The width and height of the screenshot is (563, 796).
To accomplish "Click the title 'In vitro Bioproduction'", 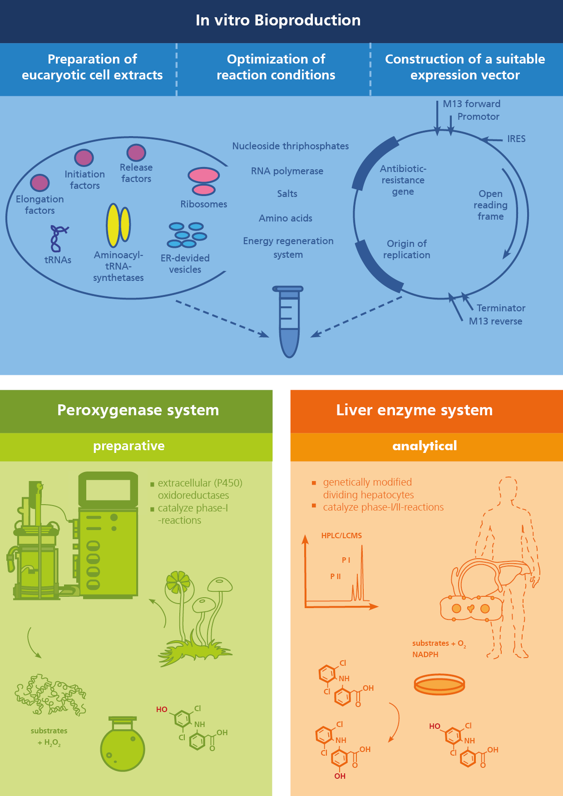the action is [278, 20].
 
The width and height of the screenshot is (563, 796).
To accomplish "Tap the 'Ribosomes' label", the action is [203, 204].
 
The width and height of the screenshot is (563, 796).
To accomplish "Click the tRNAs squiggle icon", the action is [58, 238].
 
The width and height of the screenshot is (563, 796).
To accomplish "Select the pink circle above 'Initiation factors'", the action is [84, 158].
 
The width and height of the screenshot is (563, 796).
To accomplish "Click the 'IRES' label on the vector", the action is [516, 139].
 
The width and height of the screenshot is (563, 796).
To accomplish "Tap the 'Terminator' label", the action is [501, 308].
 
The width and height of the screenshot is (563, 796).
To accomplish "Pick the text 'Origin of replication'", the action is [407, 249].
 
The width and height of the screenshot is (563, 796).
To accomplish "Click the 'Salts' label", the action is [287, 194].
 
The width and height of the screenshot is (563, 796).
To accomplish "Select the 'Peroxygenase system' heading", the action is [138, 410].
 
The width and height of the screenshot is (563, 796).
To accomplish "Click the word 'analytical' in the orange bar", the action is [425, 446].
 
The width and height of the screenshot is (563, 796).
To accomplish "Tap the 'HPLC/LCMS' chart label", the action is [341, 536].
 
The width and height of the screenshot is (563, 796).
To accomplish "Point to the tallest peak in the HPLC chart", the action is [362, 572].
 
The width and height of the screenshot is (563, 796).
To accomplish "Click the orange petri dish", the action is [439, 684].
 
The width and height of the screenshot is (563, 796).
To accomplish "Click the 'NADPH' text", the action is [425, 654].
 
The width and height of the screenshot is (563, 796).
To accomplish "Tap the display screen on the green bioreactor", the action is [108, 490].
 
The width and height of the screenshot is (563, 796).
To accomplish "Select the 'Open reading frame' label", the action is [490, 205].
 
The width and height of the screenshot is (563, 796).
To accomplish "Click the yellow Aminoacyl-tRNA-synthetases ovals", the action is [119, 225].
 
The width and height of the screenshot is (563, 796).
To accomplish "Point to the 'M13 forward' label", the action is [471, 104].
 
